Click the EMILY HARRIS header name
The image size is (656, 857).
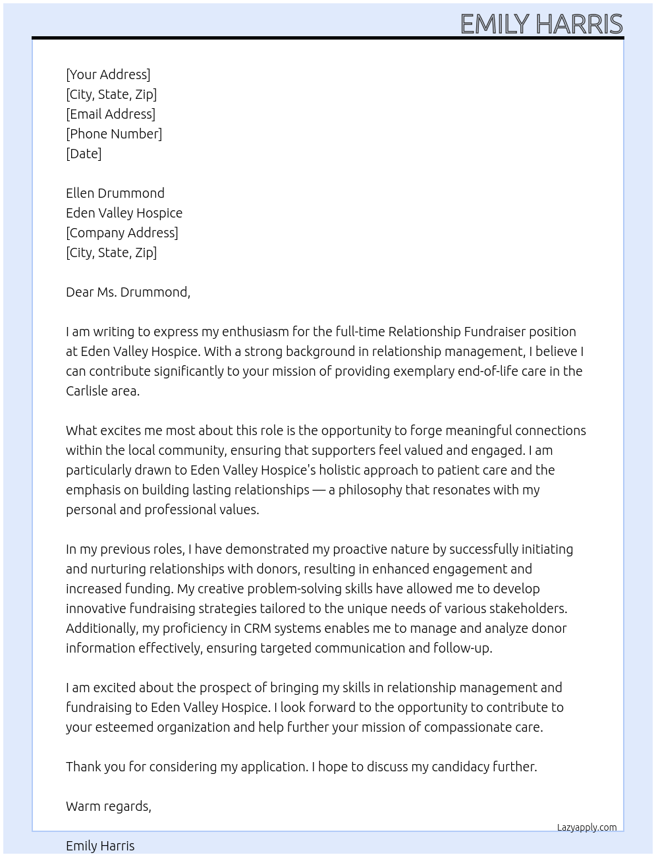pyautogui.click(x=541, y=24)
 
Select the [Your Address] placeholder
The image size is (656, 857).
pyautogui.click(x=108, y=74)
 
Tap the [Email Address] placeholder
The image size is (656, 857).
pyautogui.click(x=111, y=114)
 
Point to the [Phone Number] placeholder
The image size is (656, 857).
pyautogui.click(x=114, y=134)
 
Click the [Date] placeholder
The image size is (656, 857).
pyautogui.click(x=84, y=154)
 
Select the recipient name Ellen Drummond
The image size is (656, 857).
pyautogui.click(x=115, y=193)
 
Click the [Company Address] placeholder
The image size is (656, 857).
pyautogui.click(x=122, y=233)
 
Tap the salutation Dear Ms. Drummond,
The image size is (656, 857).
pyautogui.click(x=128, y=292)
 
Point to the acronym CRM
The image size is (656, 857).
pyautogui.click(x=258, y=628)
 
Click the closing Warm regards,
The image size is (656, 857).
pyautogui.click(x=109, y=806)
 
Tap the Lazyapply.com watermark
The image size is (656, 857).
pyautogui.click(x=587, y=827)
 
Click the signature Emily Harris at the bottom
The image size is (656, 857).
pyautogui.click(x=100, y=846)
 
